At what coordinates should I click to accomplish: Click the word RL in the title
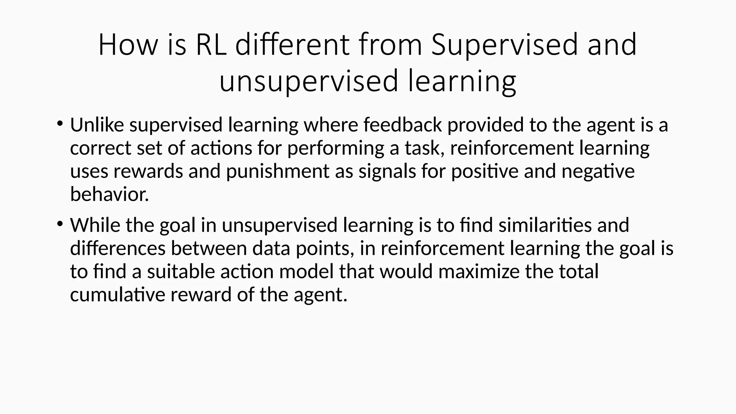point(211,45)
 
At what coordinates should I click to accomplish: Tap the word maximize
point(478,271)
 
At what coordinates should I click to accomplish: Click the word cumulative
point(118,295)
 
